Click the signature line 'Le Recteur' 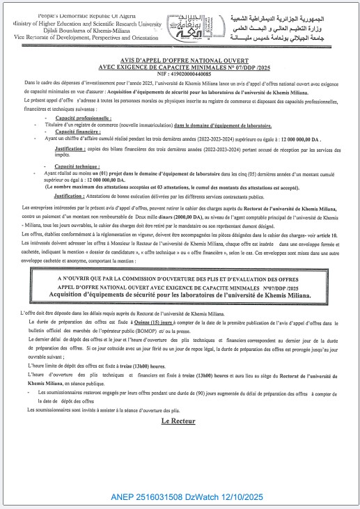(179, 421)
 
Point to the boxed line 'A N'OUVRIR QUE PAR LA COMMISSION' (180, 279)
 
